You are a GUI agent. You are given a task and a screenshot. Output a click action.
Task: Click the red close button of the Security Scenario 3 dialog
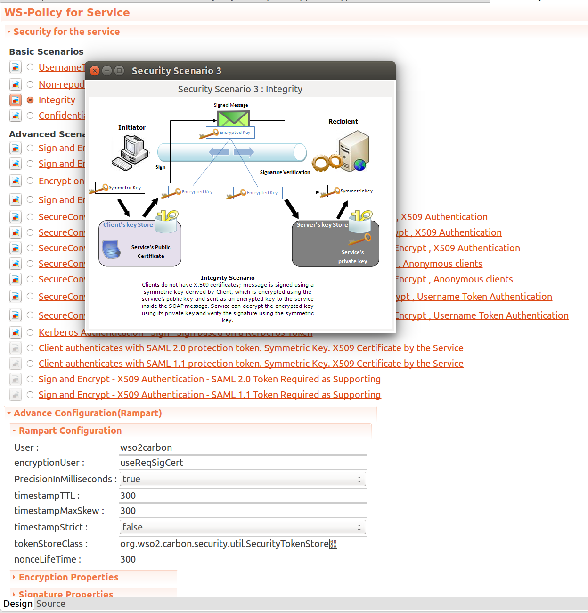point(95,71)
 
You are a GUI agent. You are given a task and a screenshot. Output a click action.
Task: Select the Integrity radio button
point(30,100)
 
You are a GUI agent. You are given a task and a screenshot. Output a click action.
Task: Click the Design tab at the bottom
point(18,604)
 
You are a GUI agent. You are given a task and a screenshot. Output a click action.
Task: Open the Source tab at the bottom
point(51,604)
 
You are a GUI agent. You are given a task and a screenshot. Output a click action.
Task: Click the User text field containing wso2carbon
point(243,447)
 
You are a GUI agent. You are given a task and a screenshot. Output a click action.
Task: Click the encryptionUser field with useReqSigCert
point(243,463)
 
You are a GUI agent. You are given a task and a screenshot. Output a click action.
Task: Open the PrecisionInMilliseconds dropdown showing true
point(243,479)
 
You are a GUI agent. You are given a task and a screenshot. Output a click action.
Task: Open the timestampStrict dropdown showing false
point(243,527)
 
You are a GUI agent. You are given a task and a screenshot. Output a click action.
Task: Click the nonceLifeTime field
point(243,559)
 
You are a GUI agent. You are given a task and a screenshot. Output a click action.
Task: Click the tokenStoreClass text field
point(243,544)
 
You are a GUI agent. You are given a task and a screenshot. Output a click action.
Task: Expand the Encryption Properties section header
point(68,577)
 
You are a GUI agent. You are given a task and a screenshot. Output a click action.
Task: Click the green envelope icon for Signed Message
point(233,118)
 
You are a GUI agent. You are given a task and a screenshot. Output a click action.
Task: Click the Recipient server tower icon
point(354,151)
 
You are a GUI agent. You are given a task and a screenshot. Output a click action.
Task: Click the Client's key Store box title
point(128,225)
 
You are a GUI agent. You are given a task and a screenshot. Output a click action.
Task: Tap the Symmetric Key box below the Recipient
point(352,191)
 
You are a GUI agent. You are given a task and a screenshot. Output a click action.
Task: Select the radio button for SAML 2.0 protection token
point(30,348)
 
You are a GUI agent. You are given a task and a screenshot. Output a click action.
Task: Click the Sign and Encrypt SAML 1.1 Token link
point(210,395)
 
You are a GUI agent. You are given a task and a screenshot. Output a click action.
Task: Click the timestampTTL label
point(47,496)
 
